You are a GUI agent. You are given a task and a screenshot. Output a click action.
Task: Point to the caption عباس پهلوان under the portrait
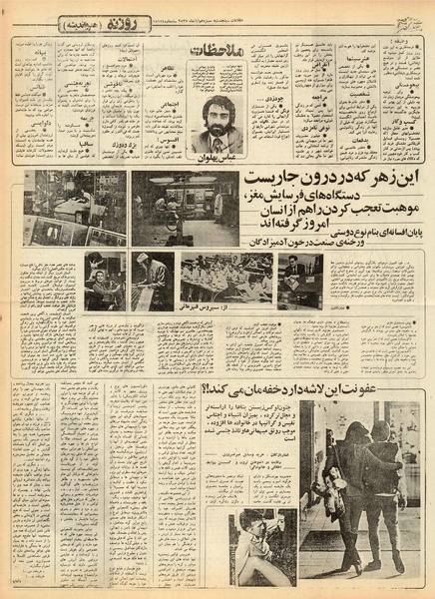217,156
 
